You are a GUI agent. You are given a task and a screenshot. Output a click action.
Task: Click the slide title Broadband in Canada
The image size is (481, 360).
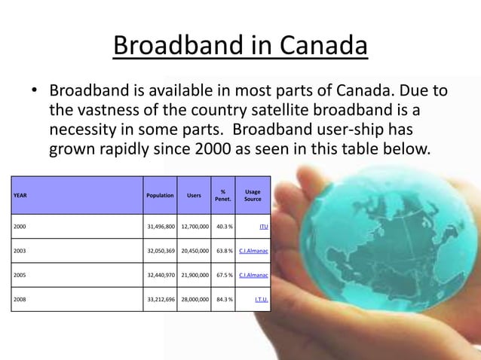coord(240,47)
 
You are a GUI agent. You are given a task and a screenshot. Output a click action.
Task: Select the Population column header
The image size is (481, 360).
coord(160,195)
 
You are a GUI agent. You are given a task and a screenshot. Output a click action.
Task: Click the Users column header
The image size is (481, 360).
coord(194,195)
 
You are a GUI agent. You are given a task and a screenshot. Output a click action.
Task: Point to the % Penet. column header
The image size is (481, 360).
coord(222,195)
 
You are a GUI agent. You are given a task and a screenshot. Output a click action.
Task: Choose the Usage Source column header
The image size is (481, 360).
coord(253,195)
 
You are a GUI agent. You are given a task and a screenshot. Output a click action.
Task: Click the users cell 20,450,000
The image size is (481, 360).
coord(195,250)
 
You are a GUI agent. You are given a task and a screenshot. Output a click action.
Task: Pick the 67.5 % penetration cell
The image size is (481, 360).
coord(224,275)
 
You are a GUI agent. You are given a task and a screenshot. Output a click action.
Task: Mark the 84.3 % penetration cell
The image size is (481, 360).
coord(224,299)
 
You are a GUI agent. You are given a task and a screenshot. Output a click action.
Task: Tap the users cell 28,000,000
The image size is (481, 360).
coord(195,299)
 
